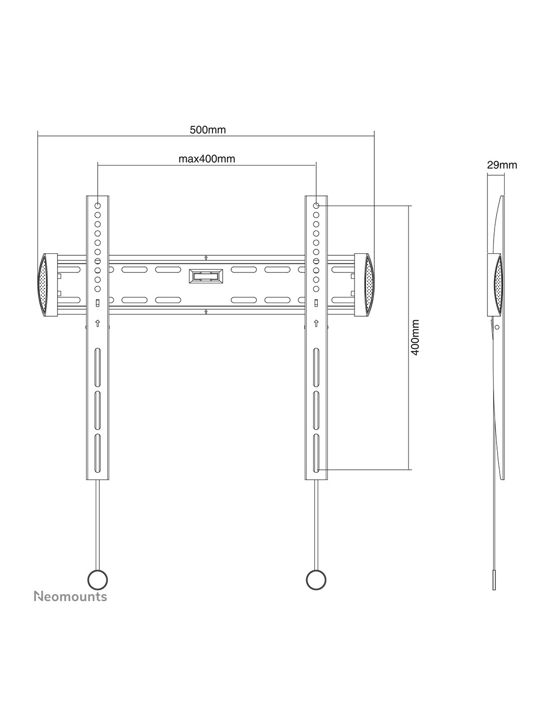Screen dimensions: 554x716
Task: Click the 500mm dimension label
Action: click(207, 130)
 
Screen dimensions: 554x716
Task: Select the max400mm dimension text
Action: click(206, 159)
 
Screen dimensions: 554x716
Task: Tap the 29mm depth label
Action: click(502, 165)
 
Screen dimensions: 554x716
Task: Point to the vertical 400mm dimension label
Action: click(415, 337)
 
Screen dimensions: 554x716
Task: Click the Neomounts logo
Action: click(71, 597)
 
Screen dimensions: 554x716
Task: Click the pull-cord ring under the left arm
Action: click(98, 580)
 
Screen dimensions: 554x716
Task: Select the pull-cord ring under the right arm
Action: click(316, 580)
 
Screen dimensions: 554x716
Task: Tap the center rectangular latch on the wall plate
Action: click(206, 276)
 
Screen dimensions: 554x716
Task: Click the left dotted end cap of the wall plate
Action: click(43, 285)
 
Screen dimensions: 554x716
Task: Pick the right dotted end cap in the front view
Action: click(369, 285)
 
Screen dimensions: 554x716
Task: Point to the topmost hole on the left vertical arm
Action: click(98, 205)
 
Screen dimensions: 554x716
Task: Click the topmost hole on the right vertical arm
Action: click(316, 205)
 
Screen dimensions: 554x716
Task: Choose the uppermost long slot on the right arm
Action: click(316, 367)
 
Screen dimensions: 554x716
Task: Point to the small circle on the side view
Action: click(497, 327)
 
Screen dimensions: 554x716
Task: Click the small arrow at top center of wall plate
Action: click(206, 258)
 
